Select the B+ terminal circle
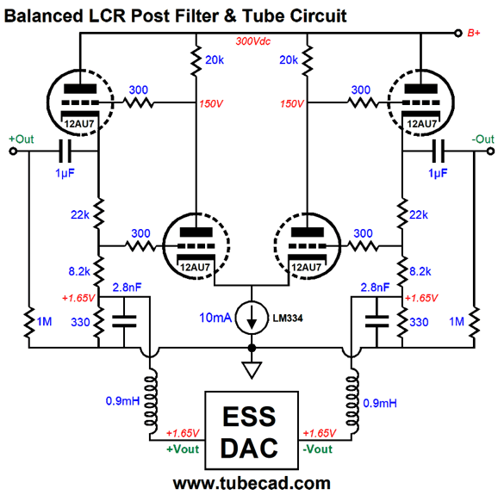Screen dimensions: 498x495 [458, 33]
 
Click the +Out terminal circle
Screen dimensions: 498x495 [13, 152]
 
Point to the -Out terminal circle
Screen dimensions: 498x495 [490, 152]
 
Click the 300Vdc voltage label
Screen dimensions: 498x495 [252, 41]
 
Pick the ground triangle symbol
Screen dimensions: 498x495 [252, 370]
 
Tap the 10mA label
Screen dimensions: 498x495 [215, 318]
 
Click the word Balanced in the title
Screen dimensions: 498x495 [44, 15]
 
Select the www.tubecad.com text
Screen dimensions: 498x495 [252, 484]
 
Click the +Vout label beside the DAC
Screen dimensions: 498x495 [183, 449]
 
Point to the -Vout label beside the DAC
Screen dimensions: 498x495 [318, 449]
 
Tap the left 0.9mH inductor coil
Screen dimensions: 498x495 [151, 401]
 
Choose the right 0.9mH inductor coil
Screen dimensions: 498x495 [352, 401]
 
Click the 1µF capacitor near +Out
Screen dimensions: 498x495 [65, 152]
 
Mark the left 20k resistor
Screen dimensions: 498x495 [196, 59]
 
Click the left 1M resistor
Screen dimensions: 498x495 [29, 322]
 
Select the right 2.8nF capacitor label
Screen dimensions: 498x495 [375, 288]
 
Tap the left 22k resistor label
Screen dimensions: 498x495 [80, 215]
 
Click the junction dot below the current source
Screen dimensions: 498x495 [252, 348]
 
